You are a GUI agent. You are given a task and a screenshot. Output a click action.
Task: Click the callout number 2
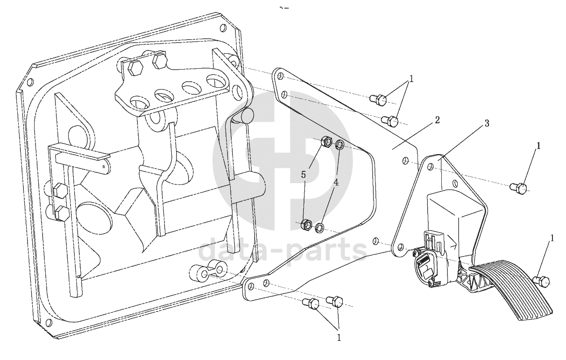437,120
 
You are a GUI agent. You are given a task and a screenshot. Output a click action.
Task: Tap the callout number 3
487,123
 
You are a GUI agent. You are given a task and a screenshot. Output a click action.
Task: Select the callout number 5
304,174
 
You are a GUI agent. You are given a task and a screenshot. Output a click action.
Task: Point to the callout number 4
336,183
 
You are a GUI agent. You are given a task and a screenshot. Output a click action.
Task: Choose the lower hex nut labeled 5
307,225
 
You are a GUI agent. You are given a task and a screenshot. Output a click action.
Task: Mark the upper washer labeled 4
340,146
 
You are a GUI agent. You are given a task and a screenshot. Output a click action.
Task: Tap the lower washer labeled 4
320,228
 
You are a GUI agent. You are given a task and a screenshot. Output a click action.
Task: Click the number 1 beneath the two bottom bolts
339,338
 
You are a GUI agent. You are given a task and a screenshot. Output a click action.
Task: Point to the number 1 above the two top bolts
411,79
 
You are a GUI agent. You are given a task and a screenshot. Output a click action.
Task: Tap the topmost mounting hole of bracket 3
430,167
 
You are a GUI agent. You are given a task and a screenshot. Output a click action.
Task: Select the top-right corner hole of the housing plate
223,28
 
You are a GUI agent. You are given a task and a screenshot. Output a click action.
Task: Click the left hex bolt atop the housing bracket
135,68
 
